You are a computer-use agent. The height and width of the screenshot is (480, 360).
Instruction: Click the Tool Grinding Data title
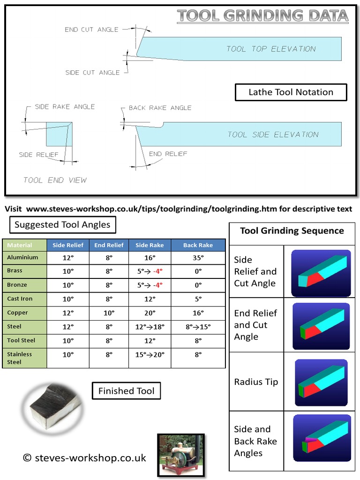(x=263, y=16)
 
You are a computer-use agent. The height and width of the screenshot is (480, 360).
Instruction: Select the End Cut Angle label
(x=91, y=30)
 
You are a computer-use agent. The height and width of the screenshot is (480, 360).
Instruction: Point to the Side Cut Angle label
(x=92, y=73)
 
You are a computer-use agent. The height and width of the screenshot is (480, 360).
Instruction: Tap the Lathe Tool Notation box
(x=291, y=92)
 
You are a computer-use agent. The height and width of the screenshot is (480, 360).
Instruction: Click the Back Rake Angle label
(x=160, y=108)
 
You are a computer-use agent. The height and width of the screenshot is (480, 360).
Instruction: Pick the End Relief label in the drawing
(x=168, y=154)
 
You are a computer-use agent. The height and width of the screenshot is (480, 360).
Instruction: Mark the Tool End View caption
(x=55, y=180)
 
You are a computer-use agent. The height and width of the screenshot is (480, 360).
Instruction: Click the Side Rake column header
(x=150, y=245)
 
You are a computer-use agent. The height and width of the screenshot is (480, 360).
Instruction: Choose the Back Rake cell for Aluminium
(x=198, y=257)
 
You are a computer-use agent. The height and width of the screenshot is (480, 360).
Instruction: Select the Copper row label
(x=18, y=313)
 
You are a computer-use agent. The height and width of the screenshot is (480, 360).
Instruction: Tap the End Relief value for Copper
(x=109, y=313)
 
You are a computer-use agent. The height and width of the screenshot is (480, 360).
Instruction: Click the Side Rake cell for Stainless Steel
(x=150, y=355)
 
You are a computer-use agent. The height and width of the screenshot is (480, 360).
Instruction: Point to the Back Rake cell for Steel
(x=198, y=327)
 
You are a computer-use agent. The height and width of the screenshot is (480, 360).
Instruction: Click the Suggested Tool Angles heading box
(x=62, y=225)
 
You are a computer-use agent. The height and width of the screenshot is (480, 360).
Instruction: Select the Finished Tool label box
(x=126, y=391)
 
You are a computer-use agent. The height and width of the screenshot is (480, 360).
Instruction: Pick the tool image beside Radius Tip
(x=321, y=382)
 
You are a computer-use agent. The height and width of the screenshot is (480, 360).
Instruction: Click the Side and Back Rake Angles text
(x=255, y=441)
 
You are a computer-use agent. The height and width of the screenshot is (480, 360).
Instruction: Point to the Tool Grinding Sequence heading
(x=292, y=231)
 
